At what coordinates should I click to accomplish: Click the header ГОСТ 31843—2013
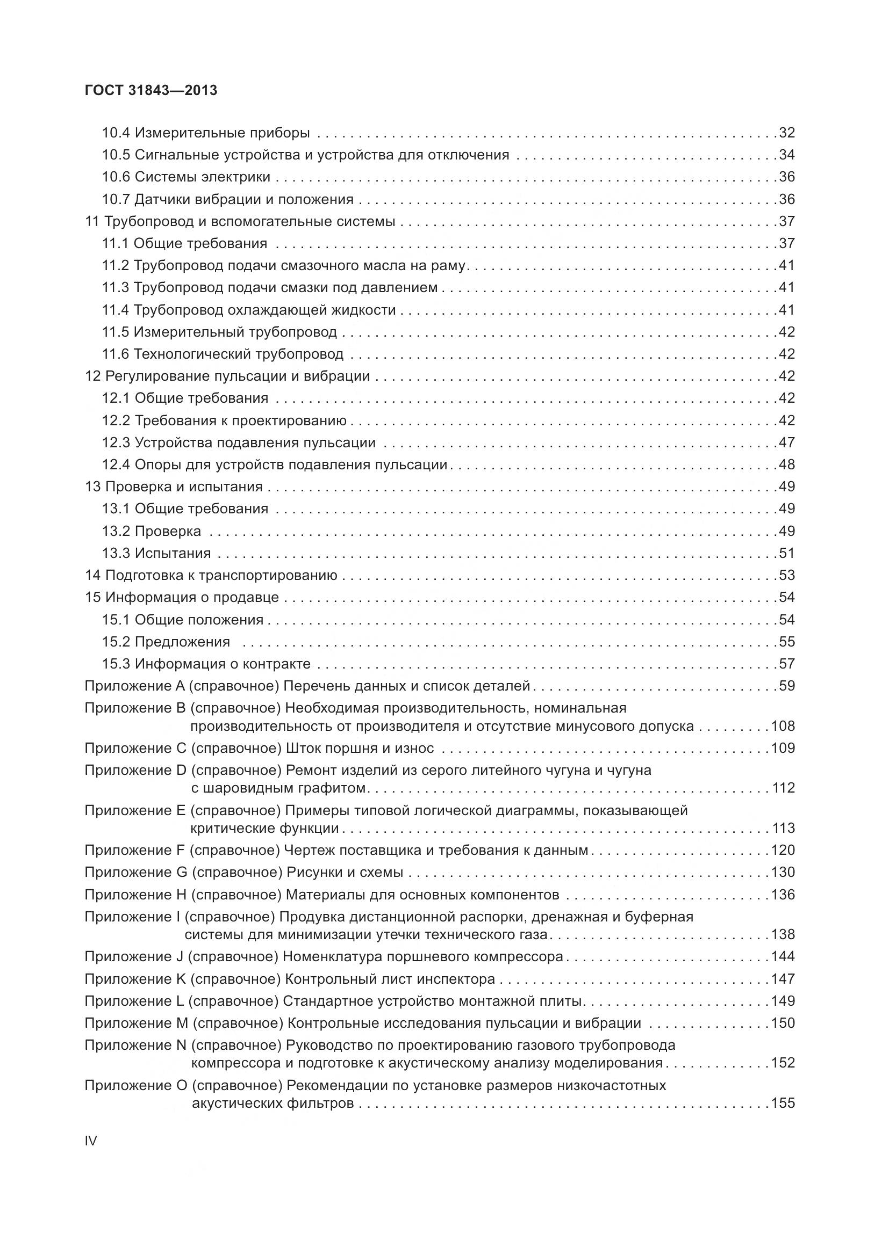click(151, 91)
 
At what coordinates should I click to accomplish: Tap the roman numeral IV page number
click(91, 1141)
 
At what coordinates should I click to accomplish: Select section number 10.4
click(116, 133)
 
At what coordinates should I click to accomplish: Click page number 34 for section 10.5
click(787, 155)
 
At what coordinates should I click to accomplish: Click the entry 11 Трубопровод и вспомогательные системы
click(240, 222)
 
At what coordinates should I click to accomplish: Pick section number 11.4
click(116, 310)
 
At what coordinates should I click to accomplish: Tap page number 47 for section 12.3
click(787, 442)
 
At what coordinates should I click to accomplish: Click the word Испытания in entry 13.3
click(173, 554)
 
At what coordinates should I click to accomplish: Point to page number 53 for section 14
click(787, 576)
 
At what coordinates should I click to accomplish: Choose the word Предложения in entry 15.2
click(182, 642)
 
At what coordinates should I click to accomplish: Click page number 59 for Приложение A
click(787, 686)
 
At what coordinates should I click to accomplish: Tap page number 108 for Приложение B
click(783, 727)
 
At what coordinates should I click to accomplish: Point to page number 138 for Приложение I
click(783, 935)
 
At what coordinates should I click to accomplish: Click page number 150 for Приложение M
click(783, 1023)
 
